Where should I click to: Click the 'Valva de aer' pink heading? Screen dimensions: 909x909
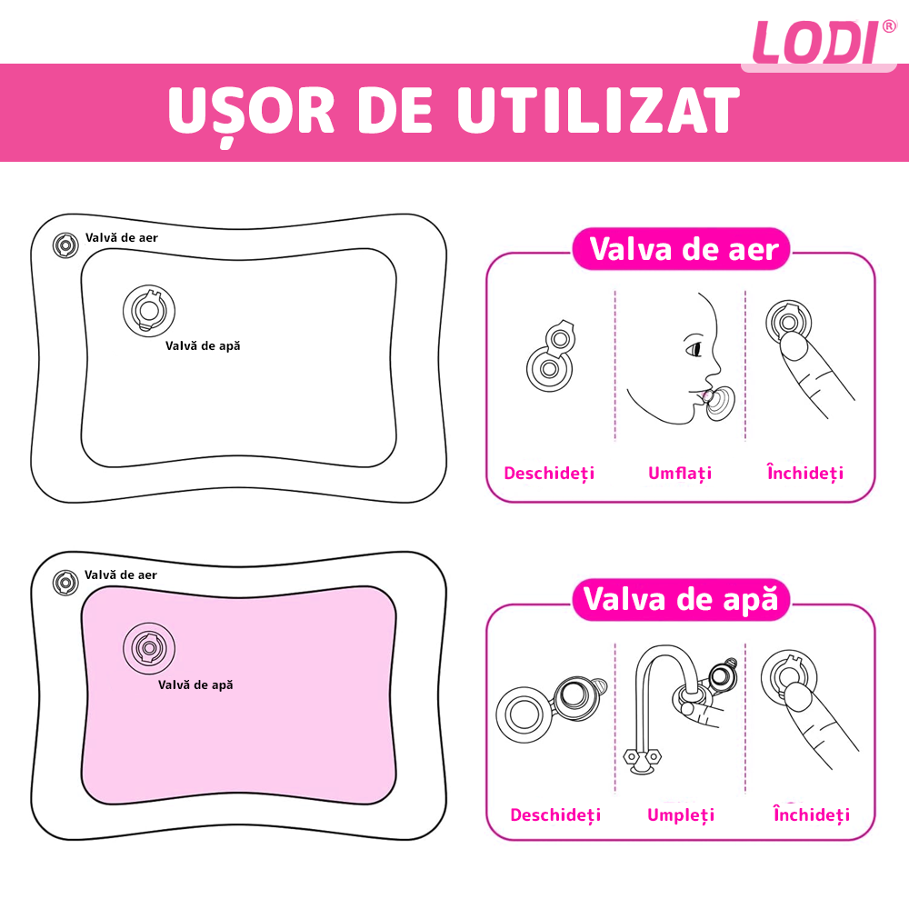point(684,248)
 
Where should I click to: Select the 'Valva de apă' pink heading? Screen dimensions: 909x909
point(682,599)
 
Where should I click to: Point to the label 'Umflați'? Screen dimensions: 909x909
point(680,474)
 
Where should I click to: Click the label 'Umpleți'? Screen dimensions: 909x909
point(681,814)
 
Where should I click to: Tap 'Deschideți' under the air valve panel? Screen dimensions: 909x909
point(549,474)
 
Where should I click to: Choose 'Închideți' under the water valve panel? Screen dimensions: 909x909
point(811,814)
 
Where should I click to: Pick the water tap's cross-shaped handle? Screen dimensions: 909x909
point(642,755)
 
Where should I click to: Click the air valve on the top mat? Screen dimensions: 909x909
point(65,245)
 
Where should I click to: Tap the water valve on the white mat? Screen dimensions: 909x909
point(148,310)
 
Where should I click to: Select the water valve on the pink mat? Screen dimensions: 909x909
point(148,648)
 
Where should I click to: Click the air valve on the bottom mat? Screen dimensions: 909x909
point(65,583)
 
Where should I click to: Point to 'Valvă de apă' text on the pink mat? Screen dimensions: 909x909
point(195,684)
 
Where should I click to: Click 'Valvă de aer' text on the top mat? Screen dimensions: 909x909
point(122,237)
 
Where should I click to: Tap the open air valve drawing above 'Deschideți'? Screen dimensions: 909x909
point(551,357)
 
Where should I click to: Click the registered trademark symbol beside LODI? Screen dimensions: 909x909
point(889,26)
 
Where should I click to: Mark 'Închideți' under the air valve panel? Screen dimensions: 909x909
point(804,474)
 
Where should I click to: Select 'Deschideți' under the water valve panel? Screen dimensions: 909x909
point(555,814)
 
